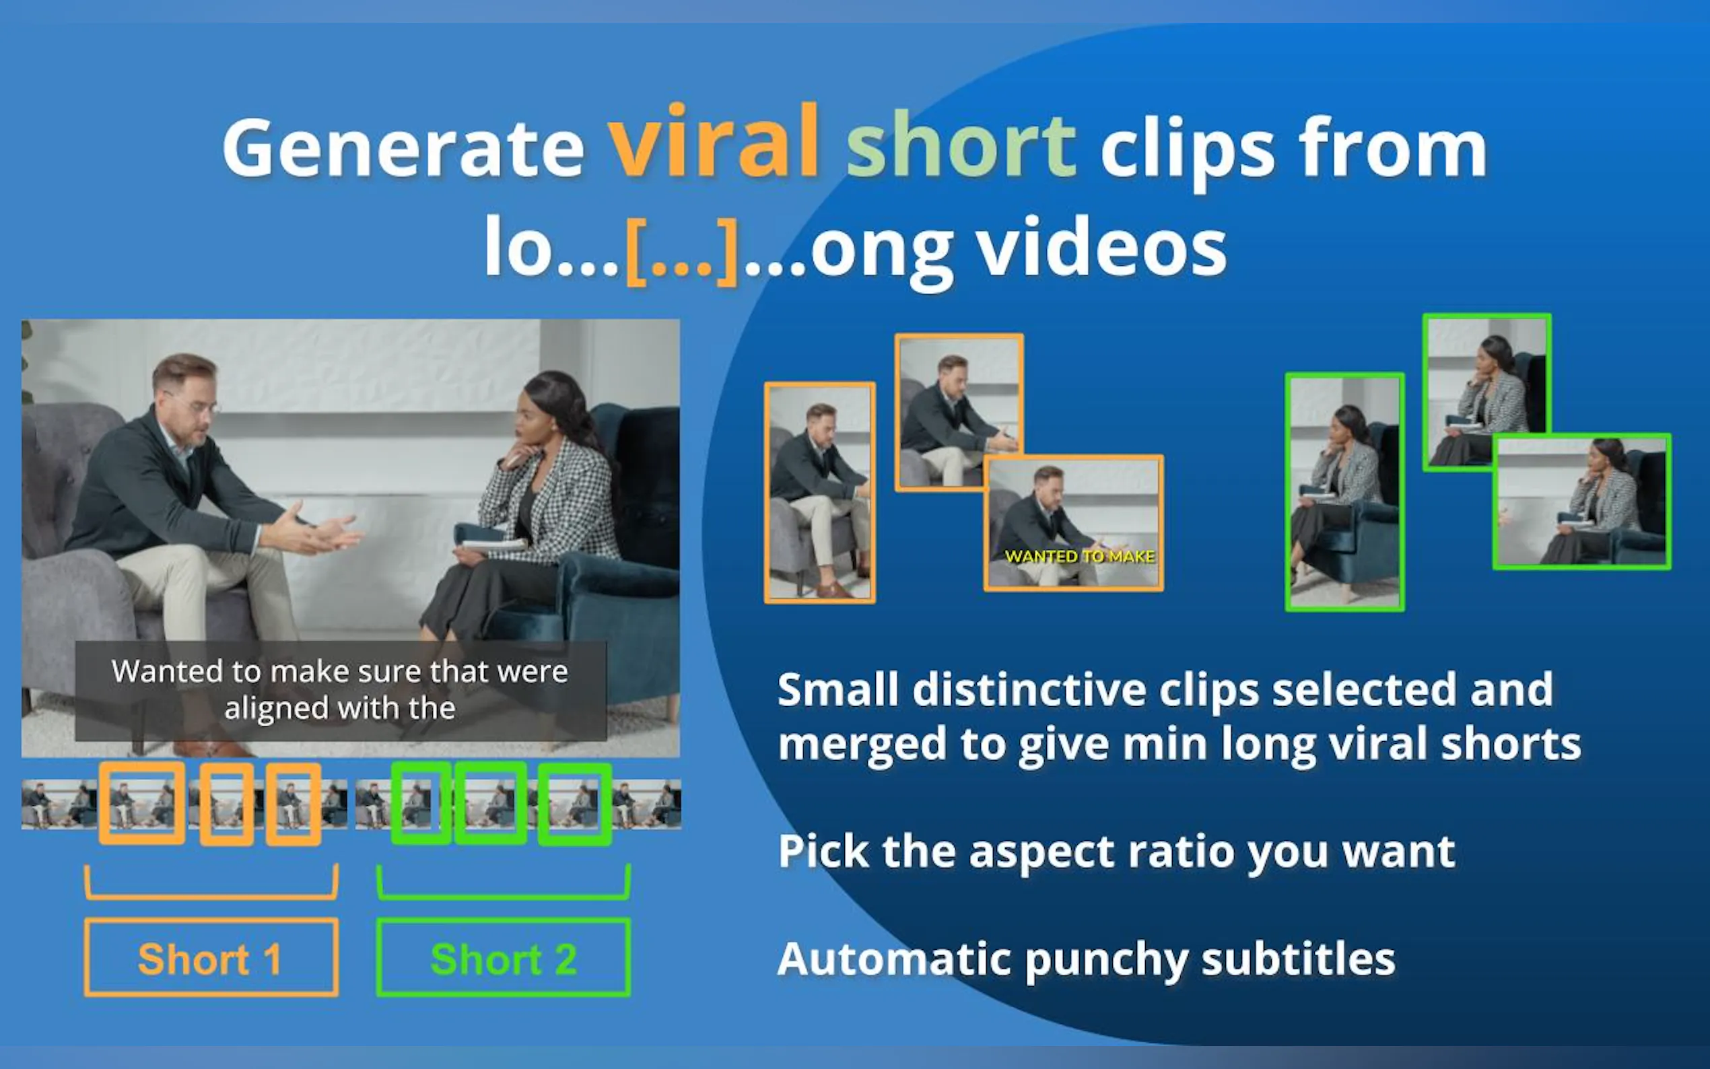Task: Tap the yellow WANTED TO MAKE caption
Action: (1079, 557)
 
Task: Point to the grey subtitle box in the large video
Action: (341, 691)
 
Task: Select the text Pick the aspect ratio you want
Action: (1116, 852)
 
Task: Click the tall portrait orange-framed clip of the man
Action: (820, 493)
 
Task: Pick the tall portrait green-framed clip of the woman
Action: (1344, 492)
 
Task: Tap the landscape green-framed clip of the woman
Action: (1582, 502)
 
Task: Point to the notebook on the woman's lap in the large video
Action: (494, 545)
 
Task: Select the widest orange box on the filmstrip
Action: (142, 802)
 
